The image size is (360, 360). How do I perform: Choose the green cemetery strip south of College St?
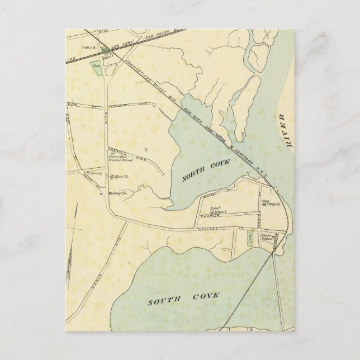[249, 239]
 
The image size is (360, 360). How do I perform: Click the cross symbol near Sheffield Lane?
[146, 149]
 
